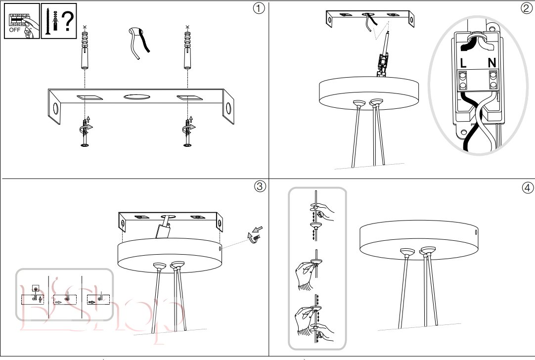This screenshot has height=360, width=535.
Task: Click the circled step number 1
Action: [259, 8]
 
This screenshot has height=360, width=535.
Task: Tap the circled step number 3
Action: [260, 186]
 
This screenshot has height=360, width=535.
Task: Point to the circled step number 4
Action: [528, 187]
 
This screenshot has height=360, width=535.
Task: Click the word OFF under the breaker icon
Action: [15, 30]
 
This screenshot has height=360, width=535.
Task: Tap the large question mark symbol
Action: [68, 21]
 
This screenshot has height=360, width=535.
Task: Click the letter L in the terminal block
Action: [463, 63]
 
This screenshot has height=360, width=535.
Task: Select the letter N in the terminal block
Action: [491, 63]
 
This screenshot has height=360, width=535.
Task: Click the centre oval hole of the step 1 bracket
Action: [136, 97]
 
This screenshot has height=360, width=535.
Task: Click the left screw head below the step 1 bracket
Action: [85, 146]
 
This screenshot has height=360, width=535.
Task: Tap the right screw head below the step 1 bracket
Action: [187, 146]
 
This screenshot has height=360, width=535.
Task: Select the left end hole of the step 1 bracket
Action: [55, 109]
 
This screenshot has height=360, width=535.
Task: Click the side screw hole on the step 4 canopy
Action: [476, 232]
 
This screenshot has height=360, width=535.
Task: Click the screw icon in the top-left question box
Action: [47, 21]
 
